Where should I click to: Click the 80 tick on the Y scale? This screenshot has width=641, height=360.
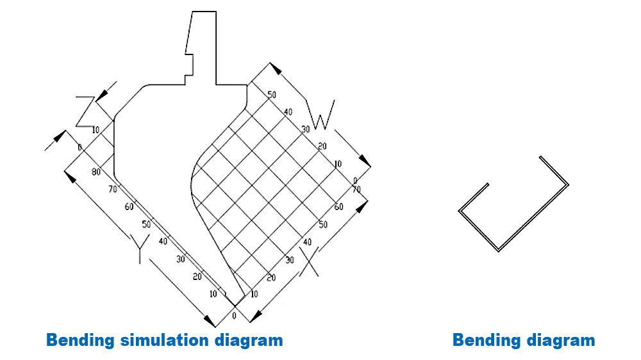96,172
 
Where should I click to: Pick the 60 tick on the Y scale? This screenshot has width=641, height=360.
129,206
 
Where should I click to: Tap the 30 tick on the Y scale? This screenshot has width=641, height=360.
181,259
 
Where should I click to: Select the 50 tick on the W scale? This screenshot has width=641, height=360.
272,95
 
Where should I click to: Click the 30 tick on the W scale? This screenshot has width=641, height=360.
306,129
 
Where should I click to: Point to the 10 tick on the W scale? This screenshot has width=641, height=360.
338,164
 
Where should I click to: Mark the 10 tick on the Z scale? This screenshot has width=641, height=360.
96,130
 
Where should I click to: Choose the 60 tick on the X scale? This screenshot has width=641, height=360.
339,207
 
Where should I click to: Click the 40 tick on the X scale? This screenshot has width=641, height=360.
307,242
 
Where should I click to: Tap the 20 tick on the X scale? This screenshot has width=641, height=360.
271,277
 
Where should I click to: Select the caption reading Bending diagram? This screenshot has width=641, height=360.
524,340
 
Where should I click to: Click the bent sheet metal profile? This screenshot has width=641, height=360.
513,211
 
